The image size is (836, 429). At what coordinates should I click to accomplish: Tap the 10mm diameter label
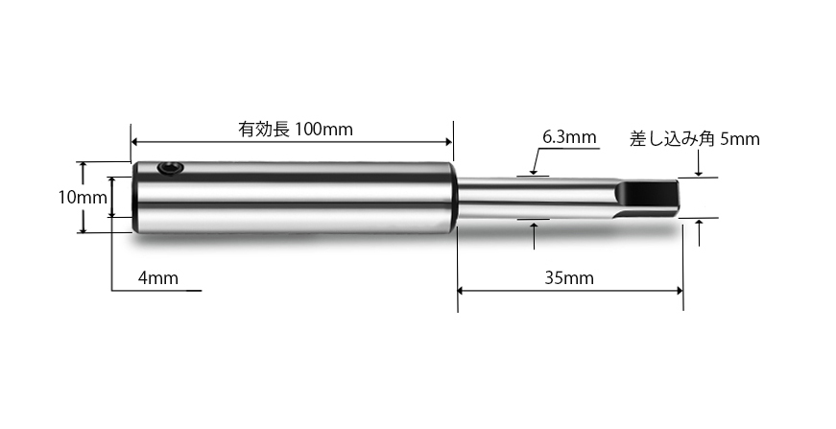click(81, 197)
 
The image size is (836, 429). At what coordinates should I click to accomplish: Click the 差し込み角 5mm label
click(694, 138)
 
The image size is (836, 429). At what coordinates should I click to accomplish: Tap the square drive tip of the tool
click(649, 198)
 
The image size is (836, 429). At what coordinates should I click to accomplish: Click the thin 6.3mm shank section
click(533, 198)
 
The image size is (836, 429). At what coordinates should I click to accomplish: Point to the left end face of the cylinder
click(136, 198)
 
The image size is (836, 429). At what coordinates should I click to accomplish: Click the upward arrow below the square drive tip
click(700, 226)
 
